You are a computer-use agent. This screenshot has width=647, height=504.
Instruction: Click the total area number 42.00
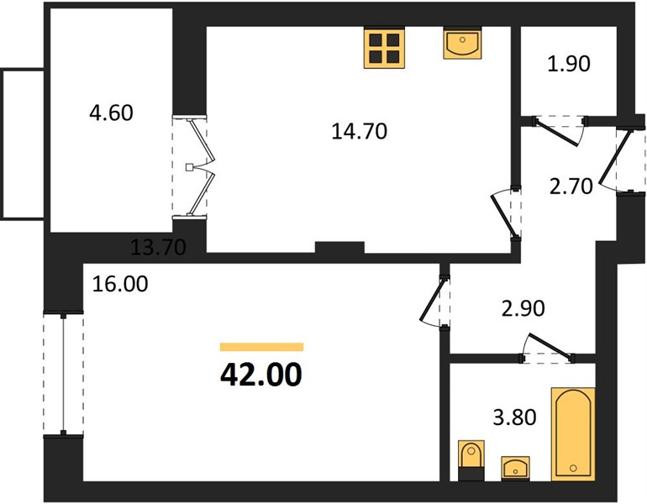261,375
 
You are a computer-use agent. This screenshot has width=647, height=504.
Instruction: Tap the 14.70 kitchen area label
360,131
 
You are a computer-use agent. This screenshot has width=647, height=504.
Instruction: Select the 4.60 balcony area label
112,113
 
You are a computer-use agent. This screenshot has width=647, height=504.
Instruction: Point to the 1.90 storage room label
569,64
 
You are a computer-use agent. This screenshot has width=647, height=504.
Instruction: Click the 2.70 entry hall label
571,186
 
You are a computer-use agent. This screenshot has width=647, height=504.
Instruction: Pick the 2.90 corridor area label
523,308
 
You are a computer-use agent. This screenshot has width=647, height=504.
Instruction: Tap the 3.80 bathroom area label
514,417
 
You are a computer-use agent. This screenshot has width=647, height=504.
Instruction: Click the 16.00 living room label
119,284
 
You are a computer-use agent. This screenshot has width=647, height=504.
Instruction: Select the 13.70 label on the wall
158,247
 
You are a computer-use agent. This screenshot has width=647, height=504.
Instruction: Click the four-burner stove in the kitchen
384,47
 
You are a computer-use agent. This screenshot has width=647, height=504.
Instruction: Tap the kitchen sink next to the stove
462,43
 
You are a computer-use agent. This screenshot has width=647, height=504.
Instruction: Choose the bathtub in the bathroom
573,434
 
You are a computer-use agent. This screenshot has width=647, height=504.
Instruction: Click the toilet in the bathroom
471,460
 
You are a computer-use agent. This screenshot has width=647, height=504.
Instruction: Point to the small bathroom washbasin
515,468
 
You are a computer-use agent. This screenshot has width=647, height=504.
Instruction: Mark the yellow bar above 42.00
261,347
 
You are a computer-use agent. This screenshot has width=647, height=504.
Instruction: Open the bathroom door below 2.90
547,349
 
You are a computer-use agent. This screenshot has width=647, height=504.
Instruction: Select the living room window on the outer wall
63,374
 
